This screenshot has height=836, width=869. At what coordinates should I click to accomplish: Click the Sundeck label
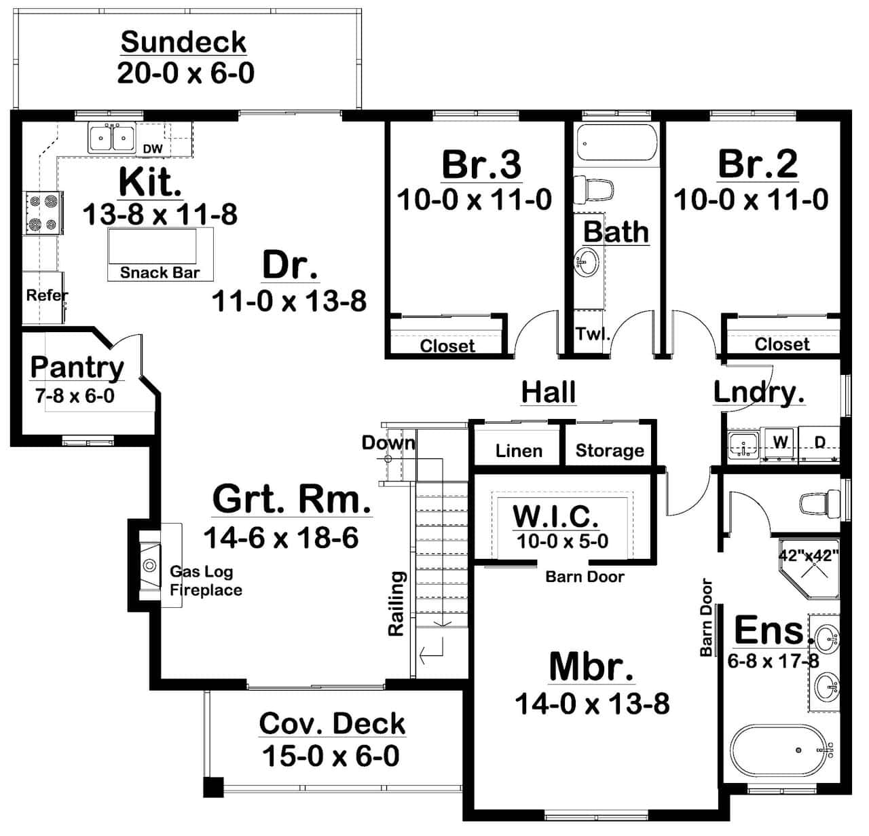point(183,42)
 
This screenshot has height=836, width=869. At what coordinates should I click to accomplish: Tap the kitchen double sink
point(112,138)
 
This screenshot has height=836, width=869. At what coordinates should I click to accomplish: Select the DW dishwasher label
point(153,149)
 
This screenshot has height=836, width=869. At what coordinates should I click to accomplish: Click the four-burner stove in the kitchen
point(43,213)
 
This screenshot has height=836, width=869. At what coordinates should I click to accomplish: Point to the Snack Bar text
point(160,273)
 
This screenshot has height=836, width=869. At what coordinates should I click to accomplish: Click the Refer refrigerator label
point(46,295)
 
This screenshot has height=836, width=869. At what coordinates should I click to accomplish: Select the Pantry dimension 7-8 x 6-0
point(75,396)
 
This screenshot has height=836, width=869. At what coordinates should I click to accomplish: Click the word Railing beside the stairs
point(396,604)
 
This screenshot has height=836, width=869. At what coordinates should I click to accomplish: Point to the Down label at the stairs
point(388,443)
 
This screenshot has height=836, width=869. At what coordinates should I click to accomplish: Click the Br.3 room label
point(481,164)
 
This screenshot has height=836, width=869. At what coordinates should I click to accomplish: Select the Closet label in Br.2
point(782,344)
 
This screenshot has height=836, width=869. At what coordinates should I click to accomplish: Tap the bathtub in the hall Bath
point(616,144)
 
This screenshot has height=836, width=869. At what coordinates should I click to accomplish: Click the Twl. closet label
point(593,334)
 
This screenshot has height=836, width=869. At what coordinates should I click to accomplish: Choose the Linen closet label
point(519,451)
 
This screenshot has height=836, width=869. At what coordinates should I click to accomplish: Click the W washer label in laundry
point(781,442)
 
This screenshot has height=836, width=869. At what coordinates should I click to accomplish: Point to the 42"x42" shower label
point(809,554)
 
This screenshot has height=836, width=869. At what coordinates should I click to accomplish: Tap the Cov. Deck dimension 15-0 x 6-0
point(331,756)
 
